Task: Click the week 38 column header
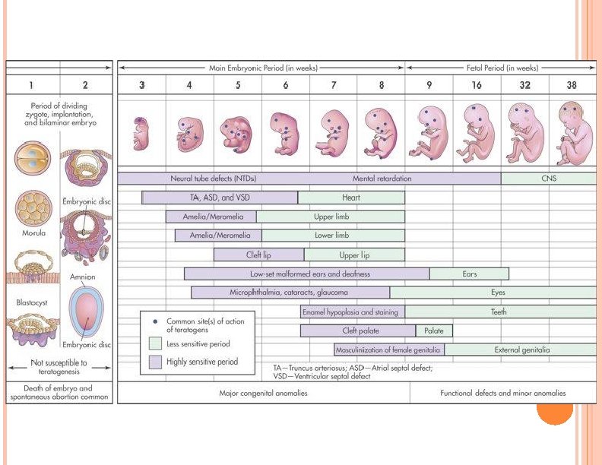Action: (x=572, y=85)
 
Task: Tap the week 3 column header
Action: (x=141, y=85)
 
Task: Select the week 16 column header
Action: (x=477, y=85)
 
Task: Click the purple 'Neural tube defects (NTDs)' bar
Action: (x=213, y=179)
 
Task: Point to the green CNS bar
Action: (x=548, y=179)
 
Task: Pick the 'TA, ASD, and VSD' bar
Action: (x=220, y=198)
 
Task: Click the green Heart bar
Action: (x=351, y=198)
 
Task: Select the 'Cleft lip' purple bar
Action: (x=258, y=255)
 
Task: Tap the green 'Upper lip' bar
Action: (x=354, y=255)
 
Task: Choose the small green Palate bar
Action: (x=434, y=331)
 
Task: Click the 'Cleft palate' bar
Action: (x=358, y=331)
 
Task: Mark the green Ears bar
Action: (x=469, y=274)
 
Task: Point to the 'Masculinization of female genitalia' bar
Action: (x=389, y=350)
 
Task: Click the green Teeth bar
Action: (x=499, y=312)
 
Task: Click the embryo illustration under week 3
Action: (x=141, y=134)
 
